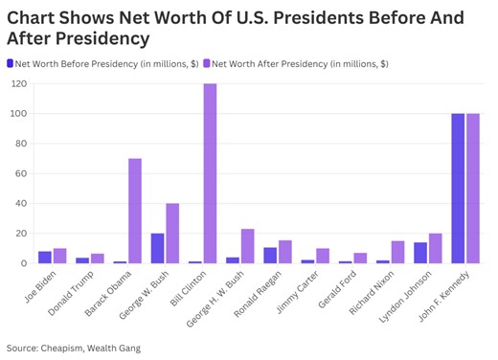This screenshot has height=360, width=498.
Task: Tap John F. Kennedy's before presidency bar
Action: [x=458, y=189]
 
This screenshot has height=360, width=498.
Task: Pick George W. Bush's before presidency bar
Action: [x=157, y=248]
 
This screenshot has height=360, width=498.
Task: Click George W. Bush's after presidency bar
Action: [x=172, y=233]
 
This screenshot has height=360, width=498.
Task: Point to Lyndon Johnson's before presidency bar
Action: [x=420, y=253]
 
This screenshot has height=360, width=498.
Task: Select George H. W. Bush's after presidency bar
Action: [x=247, y=246]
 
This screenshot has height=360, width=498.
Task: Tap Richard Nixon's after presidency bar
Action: [x=397, y=252]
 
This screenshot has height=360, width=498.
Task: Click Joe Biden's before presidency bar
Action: [x=45, y=257]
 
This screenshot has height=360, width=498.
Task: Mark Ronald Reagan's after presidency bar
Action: [x=284, y=252]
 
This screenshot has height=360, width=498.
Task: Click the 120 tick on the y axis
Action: [x=18, y=84]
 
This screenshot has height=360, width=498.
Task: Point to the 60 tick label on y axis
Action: [x=20, y=173]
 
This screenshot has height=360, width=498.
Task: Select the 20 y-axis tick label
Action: [x=20, y=233]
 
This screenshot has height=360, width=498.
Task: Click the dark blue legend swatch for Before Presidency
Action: [x=11, y=63]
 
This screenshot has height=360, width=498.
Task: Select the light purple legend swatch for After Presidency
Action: [x=206, y=63]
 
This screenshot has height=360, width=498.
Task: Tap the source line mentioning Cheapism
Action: [x=73, y=348]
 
